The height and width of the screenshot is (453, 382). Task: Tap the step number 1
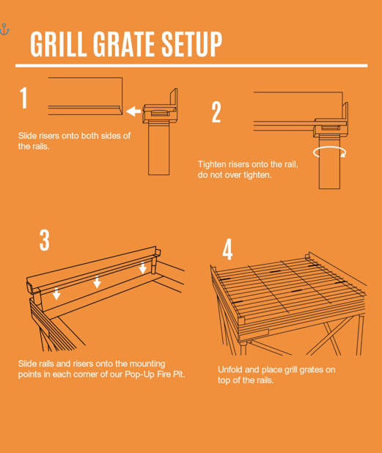pos(24,97)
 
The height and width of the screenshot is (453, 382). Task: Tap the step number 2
pos(216,113)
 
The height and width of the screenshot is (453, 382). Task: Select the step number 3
pos(45,240)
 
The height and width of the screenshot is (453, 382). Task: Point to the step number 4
pos(228,249)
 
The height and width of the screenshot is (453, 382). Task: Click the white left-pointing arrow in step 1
pos(133,111)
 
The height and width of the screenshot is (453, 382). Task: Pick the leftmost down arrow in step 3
pos(56,295)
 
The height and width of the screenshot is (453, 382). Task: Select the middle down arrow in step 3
pos(97,283)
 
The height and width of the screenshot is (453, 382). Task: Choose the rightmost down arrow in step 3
pos(142,268)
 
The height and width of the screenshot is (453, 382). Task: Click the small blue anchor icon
pos(4,29)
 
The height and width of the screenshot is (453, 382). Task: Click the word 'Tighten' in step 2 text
pos(213,164)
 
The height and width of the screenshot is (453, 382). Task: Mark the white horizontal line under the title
pos(191,66)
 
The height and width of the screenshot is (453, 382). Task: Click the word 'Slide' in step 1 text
pos(29,136)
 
